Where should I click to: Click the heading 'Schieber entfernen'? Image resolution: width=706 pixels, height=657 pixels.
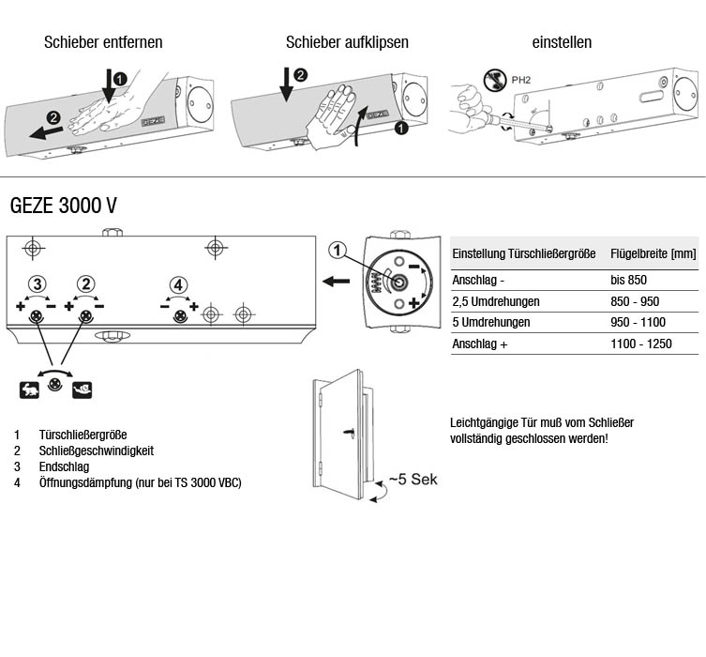pyautogui.click(x=103, y=42)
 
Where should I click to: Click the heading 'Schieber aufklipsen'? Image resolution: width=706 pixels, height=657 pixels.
pyautogui.click(x=347, y=42)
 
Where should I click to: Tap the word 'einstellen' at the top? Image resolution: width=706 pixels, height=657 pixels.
pyautogui.click(x=562, y=42)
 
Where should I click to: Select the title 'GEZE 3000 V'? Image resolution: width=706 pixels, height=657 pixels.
pyautogui.click(x=63, y=206)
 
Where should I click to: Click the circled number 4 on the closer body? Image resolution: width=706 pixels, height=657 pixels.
pyautogui.click(x=178, y=284)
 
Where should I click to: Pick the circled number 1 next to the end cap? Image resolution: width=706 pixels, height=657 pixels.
pyautogui.click(x=338, y=251)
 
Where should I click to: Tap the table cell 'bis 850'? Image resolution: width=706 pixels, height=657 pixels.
pyautogui.click(x=628, y=280)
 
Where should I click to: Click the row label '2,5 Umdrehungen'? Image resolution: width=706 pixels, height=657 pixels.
pyautogui.click(x=497, y=301)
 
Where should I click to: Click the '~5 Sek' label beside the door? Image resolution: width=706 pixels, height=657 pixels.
pyautogui.click(x=413, y=480)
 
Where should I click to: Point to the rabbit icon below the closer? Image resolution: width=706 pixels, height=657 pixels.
pyautogui.click(x=29, y=388)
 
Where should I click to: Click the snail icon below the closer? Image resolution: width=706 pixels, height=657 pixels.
pyautogui.click(x=83, y=388)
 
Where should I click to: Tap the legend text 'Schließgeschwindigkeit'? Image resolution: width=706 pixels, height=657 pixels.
pyautogui.click(x=97, y=451)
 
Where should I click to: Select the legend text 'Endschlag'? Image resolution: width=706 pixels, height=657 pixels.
pyautogui.click(x=64, y=466)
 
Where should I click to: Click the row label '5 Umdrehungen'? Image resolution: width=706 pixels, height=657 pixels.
pyautogui.click(x=490, y=322)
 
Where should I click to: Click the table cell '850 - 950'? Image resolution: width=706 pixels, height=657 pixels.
pyautogui.click(x=634, y=301)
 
